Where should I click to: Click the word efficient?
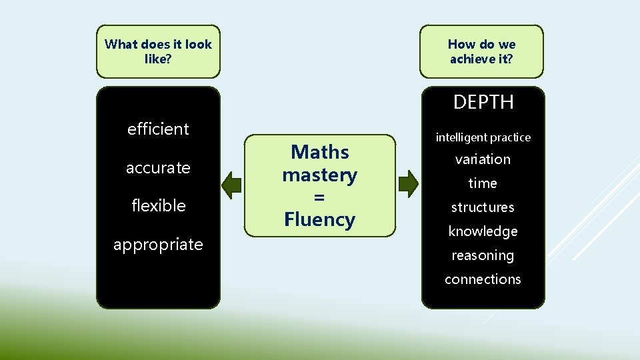158,129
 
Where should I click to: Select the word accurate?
158,167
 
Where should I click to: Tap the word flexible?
158,205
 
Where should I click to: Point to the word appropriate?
158,244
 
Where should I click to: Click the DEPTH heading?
483,102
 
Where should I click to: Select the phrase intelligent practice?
483,137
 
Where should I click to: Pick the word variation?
483,159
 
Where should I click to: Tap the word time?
483,183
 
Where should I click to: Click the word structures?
483,207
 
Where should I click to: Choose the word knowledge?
483,231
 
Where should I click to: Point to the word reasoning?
483,255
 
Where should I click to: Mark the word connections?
483,279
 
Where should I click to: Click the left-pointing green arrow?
231,185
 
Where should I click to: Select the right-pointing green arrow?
409,183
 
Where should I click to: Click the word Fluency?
319,219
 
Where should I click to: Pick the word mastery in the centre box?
319,175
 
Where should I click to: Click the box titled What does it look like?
158,51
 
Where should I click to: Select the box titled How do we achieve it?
481,51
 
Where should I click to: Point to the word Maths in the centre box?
319,152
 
